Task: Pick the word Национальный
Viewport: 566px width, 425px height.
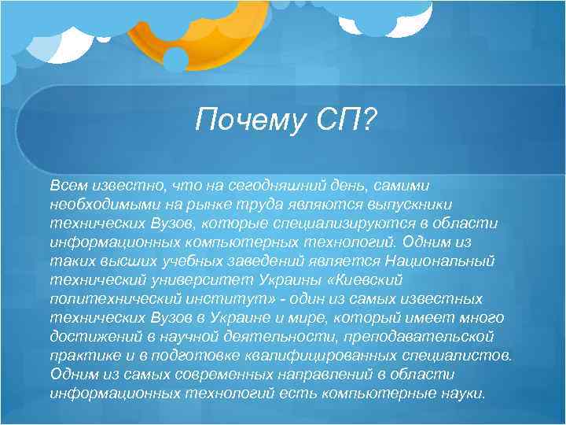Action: click(x=452, y=261)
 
